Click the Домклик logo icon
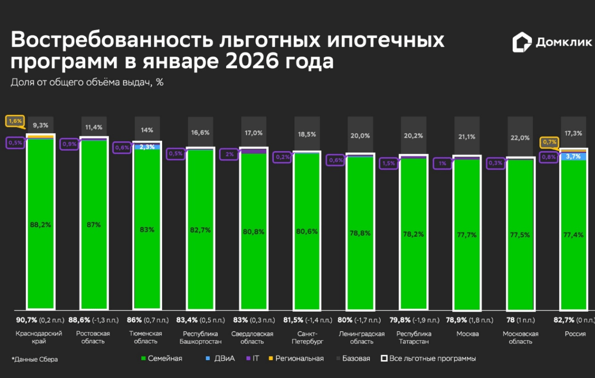(522, 43)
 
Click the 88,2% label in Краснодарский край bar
(40, 224)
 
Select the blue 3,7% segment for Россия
(573, 156)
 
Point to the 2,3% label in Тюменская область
(147, 147)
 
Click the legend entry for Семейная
(162, 358)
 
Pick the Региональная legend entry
(296, 358)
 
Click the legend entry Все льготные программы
(428, 358)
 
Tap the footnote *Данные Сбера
(34, 359)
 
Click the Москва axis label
(468, 334)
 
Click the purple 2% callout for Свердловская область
(230, 154)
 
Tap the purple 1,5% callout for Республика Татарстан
(389, 163)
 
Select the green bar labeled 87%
(94, 224)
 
